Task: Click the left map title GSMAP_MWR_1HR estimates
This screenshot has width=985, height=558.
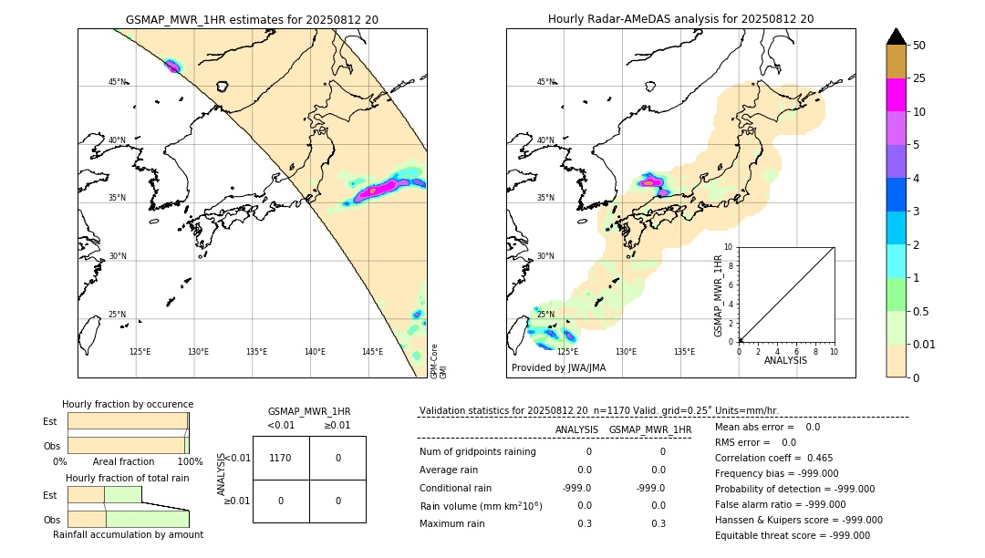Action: pyautogui.click(x=252, y=18)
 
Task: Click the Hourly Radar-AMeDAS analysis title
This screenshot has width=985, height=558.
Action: pyautogui.click(x=680, y=18)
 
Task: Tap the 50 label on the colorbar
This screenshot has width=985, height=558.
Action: pyautogui.click(x=919, y=46)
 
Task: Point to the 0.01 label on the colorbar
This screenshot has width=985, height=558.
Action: pyautogui.click(x=925, y=344)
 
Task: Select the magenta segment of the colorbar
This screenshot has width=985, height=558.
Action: pyautogui.click(x=896, y=95)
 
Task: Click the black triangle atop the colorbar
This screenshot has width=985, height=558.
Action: pyautogui.click(x=896, y=36)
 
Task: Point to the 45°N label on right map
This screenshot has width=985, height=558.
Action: pyautogui.click(x=545, y=82)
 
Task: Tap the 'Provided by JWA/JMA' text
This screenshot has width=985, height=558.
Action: pyautogui.click(x=558, y=367)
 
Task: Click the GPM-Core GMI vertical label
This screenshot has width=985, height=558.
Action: pyautogui.click(x=438, y=360)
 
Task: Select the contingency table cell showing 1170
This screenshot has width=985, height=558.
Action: pyautogui.click(x=280, y=459)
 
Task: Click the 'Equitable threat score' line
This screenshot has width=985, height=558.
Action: pyautogui.click(x=792, y=535)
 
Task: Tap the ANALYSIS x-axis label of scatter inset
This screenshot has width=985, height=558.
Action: pyautogui.click(x=785, y=360)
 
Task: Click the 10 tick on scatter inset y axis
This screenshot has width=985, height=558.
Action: pyautogui.click(x=729, y=247)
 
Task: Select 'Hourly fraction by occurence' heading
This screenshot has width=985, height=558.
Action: pyautogui.click(x=128, y=404)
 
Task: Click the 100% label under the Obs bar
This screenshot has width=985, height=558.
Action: pyautogui.click(x=189, y=461)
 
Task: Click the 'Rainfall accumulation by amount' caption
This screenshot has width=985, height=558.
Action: pyautogui.click(x=128, y=534)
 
